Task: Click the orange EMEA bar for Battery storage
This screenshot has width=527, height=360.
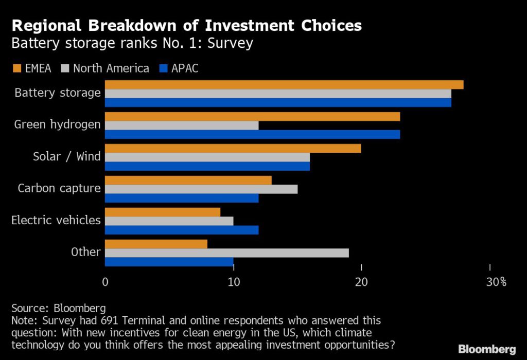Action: [284, 85]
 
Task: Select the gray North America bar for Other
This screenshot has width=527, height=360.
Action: [227, 253]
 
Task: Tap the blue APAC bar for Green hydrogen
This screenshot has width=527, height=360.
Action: [252, 134]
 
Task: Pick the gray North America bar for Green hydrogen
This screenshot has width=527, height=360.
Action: [182, 125]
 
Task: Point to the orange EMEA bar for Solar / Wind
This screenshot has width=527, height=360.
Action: [233, 149]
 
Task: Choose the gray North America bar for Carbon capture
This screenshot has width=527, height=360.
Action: [201, 189]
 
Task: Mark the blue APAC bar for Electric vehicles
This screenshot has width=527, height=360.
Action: [182, 230]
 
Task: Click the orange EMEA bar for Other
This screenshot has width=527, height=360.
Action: [156, 244]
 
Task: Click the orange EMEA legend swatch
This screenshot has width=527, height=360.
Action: [15, 68]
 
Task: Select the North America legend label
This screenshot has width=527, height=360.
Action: [111, 68]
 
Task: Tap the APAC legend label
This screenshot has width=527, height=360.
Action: [184, 68]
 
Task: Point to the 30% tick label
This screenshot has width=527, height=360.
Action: [496, 282]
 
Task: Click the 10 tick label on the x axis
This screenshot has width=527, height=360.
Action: [233, 282]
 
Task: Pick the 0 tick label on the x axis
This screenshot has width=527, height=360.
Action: [105, 282]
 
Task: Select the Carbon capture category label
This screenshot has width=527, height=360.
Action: [59, 188]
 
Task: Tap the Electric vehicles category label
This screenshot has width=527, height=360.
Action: [56, 220]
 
